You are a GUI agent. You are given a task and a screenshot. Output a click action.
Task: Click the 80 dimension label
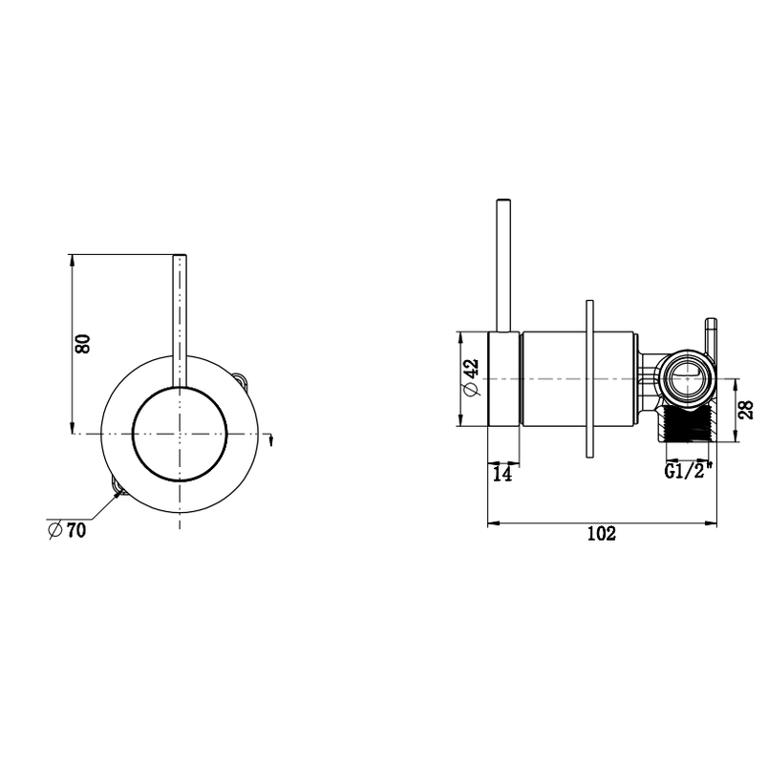coord(84,344)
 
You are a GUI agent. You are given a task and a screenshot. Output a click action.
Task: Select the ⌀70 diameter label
coord(66,530)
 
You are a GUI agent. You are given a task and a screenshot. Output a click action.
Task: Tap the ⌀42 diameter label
coord(470,379)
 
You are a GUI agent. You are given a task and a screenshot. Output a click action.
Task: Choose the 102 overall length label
coord(601,534)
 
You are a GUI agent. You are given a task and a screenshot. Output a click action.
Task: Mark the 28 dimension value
coord(747,410)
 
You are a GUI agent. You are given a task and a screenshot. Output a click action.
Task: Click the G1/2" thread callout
coord(685,471)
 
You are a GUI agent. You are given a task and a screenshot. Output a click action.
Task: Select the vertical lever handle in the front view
coord(179,315)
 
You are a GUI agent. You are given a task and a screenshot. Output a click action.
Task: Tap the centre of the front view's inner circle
coord(179,435)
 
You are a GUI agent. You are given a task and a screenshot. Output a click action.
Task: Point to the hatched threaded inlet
coord(685,426)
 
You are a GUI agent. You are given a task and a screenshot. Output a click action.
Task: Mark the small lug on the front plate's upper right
coord(243,378)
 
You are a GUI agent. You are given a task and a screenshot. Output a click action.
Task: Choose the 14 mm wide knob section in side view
coord(504,379)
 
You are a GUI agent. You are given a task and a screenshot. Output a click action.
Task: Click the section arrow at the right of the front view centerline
coord(273,438)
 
